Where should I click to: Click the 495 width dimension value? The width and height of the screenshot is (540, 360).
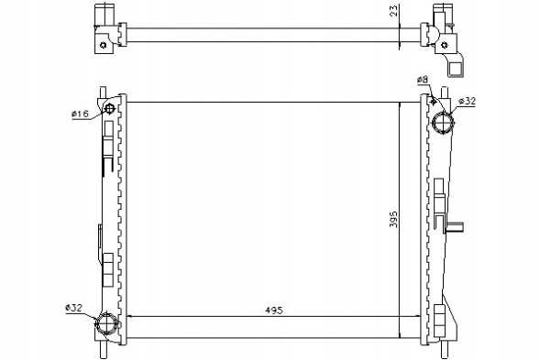274,311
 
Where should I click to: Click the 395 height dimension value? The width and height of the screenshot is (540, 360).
393,219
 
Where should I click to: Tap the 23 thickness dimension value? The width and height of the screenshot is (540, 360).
394,10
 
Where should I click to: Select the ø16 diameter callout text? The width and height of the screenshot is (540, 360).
80,114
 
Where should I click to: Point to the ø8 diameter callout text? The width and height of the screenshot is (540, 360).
423,80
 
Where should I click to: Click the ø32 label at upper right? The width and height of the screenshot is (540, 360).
468,101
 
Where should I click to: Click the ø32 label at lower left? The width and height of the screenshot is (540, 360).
73,308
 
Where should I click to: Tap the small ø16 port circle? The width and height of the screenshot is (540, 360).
109,109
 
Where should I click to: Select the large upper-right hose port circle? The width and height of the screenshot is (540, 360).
443,124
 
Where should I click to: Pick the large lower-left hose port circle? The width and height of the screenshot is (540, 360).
106,324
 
